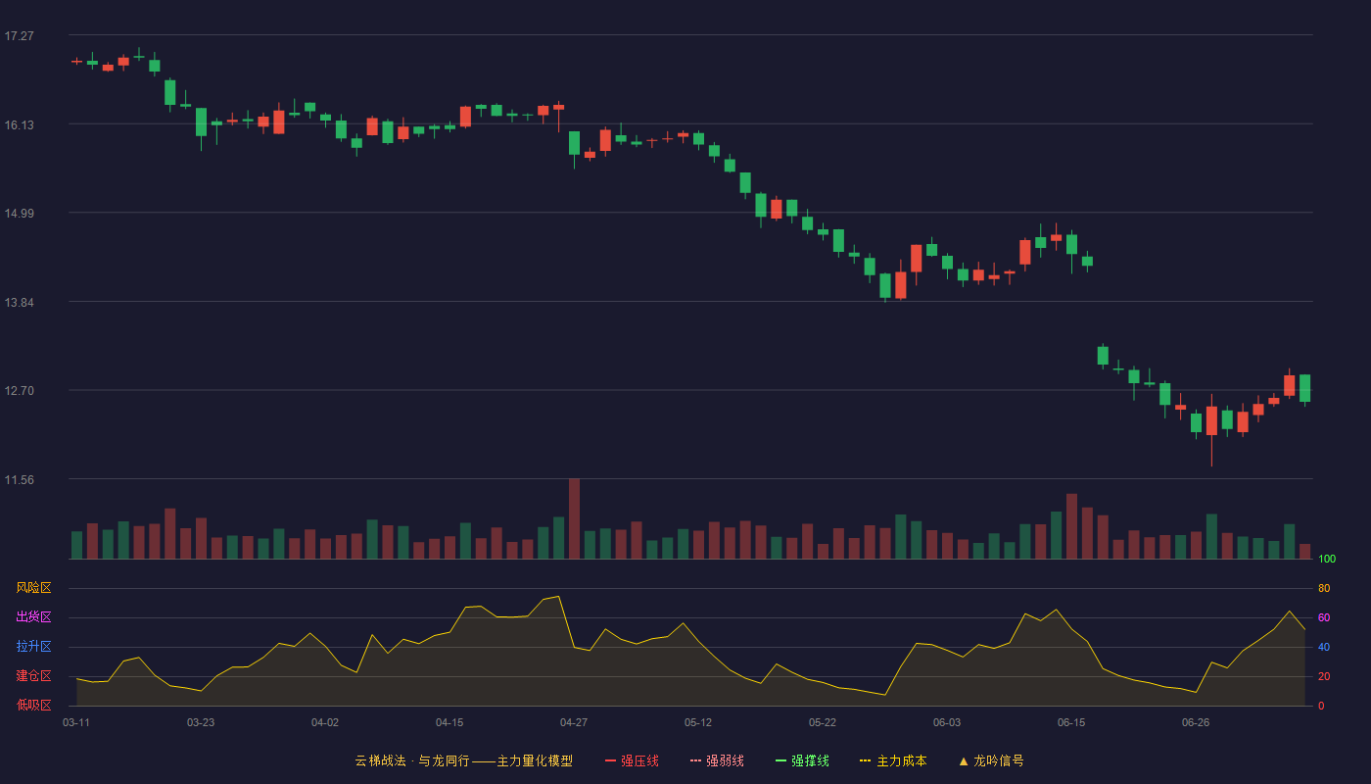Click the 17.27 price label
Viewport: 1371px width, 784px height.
[19, 36]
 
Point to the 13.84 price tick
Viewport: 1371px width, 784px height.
[19, 303]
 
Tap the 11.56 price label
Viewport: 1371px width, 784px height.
[19, 480]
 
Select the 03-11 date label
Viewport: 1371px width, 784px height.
[76, 723]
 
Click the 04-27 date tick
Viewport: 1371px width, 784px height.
[574, 723]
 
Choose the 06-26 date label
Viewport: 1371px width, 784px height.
[1196, 723]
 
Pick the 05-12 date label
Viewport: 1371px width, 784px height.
[697, 723]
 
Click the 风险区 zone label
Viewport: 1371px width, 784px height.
[33, 588]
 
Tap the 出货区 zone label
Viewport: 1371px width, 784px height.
[33, 616]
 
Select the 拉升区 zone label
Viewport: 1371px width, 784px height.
[33, 646]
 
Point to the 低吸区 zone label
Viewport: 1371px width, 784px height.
[33, 705]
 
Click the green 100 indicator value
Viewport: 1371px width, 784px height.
[1327, 560]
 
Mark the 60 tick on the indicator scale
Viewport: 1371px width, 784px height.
[1324, 617]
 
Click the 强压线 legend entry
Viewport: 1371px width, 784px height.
[632, 761]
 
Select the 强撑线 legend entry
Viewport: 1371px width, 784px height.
[802, 761]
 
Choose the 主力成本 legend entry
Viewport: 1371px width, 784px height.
[893, 761]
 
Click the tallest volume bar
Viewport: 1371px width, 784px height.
[574, 518]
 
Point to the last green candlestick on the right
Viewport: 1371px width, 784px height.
[1304, 388]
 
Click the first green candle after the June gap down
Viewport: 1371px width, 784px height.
[1103, 356]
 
